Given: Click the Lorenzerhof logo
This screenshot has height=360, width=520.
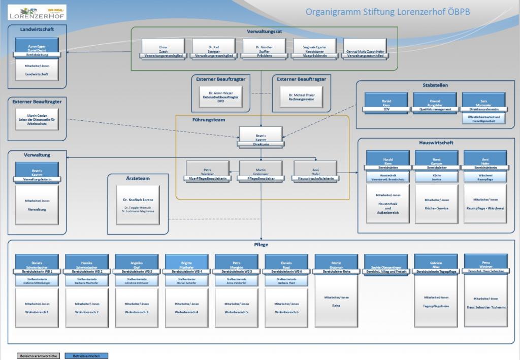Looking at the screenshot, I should pyautogui.click(x=37, y=12).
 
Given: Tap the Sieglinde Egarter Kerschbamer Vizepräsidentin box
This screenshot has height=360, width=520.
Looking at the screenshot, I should pyautogui.click(x=314, y=49).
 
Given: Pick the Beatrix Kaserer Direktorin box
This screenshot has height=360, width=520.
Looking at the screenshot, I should pyautogui.click(x=261, y=137).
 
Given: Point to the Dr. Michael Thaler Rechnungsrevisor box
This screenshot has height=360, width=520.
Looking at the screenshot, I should pyautogui.click(x=301, y=96).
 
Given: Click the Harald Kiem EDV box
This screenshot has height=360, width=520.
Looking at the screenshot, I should pyautogui.click(x=386, y=103).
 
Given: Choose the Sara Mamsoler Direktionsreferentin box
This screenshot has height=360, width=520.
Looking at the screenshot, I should pyautogui.click(x=484, y=103).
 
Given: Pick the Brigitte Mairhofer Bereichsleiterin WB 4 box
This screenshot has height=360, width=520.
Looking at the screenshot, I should pyautogui.click(x=186, y=265).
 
